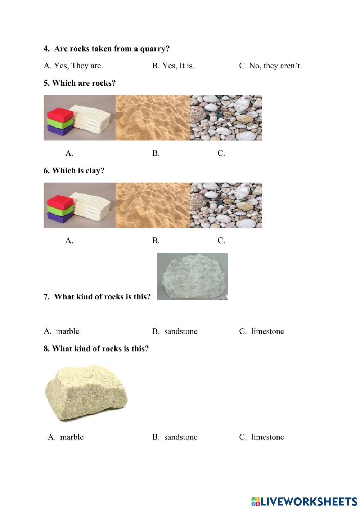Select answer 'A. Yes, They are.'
pos(73,66)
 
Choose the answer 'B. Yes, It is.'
pos(173,66)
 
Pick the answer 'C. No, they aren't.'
pos(270,66)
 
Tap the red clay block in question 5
pos(60,114)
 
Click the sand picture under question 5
pos(153,118)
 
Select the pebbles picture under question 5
pos(226,118)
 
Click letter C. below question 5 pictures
pos(221,153)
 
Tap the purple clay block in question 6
pos(60,218)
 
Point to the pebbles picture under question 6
pos(226,205)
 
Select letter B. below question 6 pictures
pos(156,241)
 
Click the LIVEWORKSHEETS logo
pos(304,501)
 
